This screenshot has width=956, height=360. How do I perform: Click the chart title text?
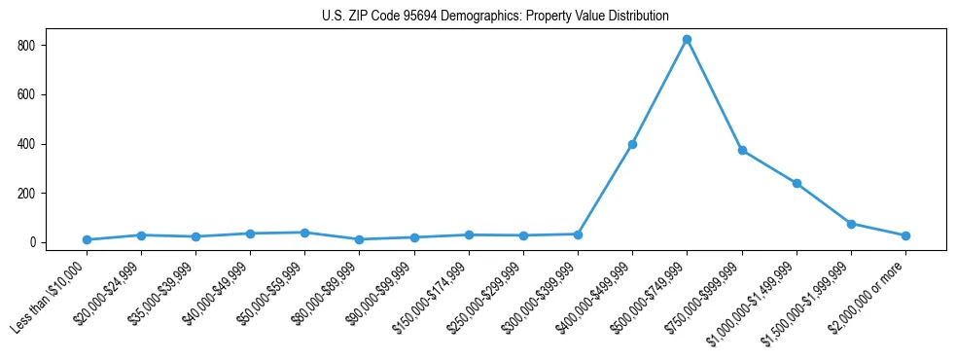pos(495,17)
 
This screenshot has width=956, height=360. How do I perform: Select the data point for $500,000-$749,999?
pos(687,40)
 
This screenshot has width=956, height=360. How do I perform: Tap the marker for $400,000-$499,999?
pos(632,144)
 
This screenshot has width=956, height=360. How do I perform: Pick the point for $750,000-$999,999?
pos(742,151)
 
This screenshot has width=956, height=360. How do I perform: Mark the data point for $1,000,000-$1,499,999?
pos(797,183)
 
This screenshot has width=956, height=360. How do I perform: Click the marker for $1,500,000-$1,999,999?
pos(851,224)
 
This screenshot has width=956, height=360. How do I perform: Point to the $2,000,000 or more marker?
pos(905,235)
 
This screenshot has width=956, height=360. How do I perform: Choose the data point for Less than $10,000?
pos(87,239)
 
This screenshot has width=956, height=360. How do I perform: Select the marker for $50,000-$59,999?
pos(304,233)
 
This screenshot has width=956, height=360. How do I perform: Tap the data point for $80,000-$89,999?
pos(360,239)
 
